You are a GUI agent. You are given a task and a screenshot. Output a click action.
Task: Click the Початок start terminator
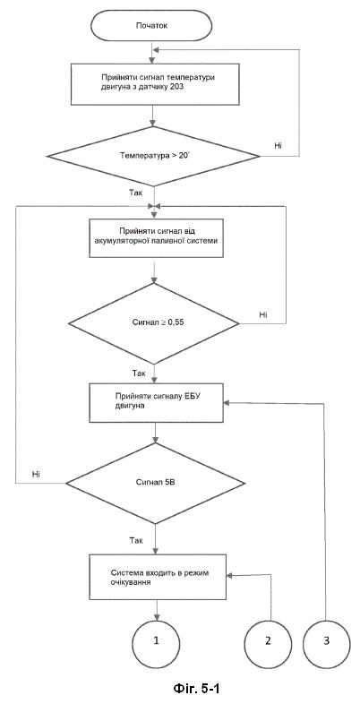(151, 26)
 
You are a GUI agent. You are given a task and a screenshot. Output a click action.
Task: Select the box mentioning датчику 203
(154, 83)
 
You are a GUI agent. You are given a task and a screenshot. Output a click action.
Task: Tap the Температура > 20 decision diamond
(153, 156)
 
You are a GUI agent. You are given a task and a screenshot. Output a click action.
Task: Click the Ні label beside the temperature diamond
(279, 145)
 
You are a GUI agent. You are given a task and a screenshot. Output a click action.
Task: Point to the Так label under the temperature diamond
(136, 193)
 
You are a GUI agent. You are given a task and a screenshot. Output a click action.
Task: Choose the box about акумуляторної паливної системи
(156, 238)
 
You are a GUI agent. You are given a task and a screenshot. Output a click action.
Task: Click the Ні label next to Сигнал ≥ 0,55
(263, 314)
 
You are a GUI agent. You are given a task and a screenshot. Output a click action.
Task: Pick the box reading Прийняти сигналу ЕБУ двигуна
(156, 403)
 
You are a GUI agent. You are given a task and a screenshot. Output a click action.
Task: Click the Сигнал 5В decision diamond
(155, 483)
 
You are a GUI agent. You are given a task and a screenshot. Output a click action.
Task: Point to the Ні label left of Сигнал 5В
(37, 474)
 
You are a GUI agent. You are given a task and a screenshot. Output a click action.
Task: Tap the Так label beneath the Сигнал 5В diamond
(136, 538)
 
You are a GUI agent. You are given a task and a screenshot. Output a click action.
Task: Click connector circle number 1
(156, 640)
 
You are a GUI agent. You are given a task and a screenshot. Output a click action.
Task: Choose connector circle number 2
(268, 640)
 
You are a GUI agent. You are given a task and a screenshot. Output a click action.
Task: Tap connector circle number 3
(326, 640)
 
